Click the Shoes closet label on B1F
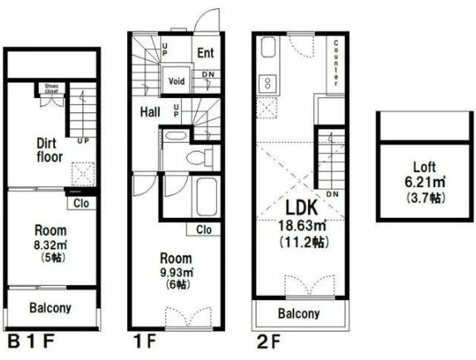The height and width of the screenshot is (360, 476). coord(52,88)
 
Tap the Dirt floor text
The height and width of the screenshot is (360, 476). coord(50,150)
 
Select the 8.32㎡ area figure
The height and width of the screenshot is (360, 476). coord(51,245)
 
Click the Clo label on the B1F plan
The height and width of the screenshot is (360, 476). coord(81,203)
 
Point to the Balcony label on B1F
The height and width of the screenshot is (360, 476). coord(51,308)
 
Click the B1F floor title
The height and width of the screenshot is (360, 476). coord(31,342)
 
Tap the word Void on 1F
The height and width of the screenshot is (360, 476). coord(176,81)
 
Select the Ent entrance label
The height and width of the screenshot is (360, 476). coord(205,53)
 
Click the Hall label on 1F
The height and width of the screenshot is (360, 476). coord(150,112)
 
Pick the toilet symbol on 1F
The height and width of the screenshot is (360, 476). coord(199,158)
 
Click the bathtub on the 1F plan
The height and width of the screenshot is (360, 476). coord(206,197)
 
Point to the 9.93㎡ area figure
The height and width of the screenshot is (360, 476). coord(177,272)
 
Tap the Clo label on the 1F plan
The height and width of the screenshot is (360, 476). coord(204,229)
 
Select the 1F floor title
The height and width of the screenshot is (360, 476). coord(145,342)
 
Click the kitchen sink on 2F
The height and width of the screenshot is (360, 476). coord(267,47)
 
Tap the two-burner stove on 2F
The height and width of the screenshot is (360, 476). coord(267,83)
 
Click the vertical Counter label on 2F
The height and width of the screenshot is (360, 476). coord(336,63)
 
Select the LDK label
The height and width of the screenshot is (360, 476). coord(302,208)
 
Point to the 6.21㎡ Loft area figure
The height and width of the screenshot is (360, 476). coord(425,182)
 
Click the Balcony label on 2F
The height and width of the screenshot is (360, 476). coord(299,313)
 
